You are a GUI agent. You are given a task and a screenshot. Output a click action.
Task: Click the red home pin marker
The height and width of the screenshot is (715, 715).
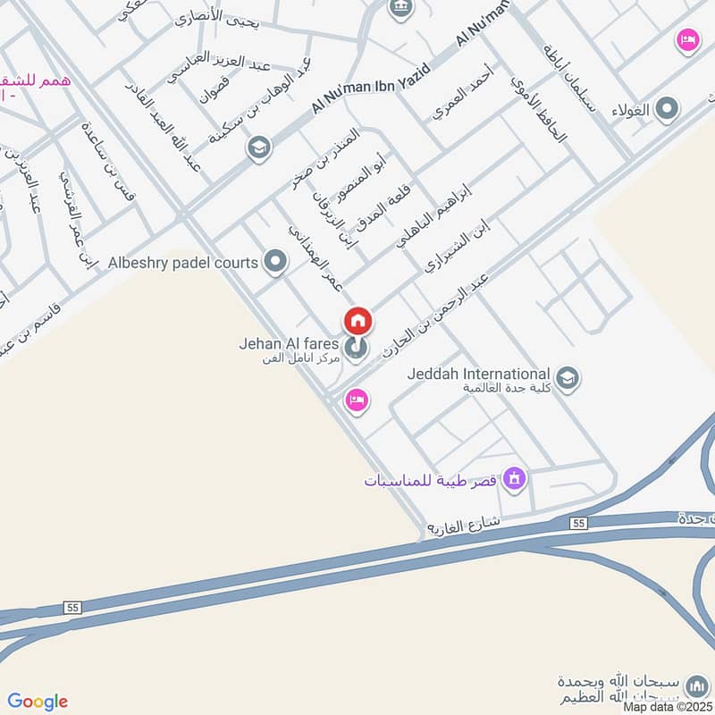pyautogui.click(x=358, y=321)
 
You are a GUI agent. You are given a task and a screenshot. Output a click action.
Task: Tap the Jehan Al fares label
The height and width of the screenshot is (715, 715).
pyautogui.click(x=288, y=343)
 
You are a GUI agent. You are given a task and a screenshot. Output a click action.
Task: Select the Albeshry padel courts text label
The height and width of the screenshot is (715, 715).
pyautogui.click(x=182, y=263)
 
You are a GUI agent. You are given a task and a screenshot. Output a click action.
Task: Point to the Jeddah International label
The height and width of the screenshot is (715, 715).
pyautogui.click(x=477, y=374)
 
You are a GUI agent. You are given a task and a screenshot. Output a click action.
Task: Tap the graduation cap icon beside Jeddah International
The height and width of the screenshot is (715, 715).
pyautogui.click(x=567, y=378)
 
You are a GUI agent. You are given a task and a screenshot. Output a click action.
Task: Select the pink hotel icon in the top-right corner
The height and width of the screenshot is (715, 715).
pyautogui.click(x=686, y=40)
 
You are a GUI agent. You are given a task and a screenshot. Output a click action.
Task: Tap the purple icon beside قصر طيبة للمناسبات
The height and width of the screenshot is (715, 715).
pyautogui.click(x=513, y=479)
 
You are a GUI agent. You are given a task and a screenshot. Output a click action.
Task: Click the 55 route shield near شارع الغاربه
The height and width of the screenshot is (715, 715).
pyautogui.click(x=579, y=522)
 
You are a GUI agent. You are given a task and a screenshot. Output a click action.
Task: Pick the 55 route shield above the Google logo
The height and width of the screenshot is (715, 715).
pyautogui.click(x=72, y=607)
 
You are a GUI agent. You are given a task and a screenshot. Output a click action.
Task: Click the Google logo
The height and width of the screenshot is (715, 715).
pyautogui.click(x=38, y=702)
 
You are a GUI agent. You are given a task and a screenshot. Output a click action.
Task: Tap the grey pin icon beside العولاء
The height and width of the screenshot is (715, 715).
pyautogui.click(x=666, y=110)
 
